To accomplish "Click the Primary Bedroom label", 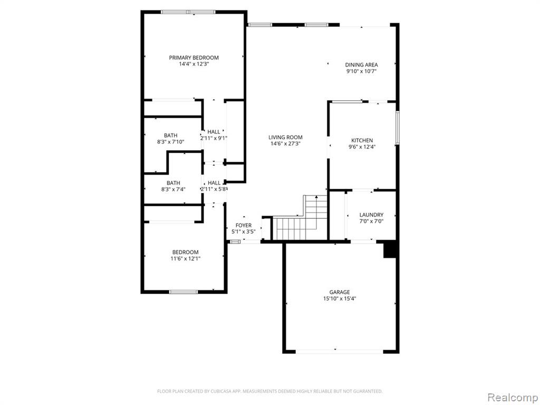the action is coord(194,57).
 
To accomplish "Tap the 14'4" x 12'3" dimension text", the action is coord(194,64).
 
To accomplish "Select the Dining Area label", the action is coord(361,65).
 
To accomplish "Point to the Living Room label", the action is coord(285,138).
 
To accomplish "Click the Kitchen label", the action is coord(362,140).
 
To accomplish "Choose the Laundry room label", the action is coord(371,215).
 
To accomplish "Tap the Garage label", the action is coord(339,292).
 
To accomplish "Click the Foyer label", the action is coord(244,225).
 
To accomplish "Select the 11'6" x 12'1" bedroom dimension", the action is coord(185,258).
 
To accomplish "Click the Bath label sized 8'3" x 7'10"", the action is coord(170,136).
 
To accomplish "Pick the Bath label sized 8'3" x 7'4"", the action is coord(173,183).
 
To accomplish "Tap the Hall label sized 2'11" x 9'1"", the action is coord(214,131).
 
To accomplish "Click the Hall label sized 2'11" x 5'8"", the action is coord(214,183).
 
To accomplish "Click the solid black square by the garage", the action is coord(391,249).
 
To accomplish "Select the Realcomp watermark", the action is coord(513,397).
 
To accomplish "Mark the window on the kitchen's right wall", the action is coord(398,128).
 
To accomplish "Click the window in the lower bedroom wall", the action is coord(184,292).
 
